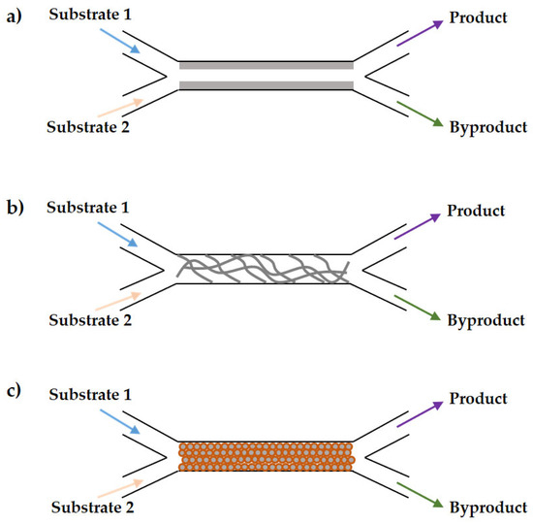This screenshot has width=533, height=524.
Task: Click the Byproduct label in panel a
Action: tap(487, 127)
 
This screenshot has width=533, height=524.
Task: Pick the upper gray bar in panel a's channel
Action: tap(266, 66)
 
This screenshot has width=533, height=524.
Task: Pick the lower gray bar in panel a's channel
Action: tap(266, 86)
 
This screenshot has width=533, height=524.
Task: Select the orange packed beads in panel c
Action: tap(266, 455)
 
